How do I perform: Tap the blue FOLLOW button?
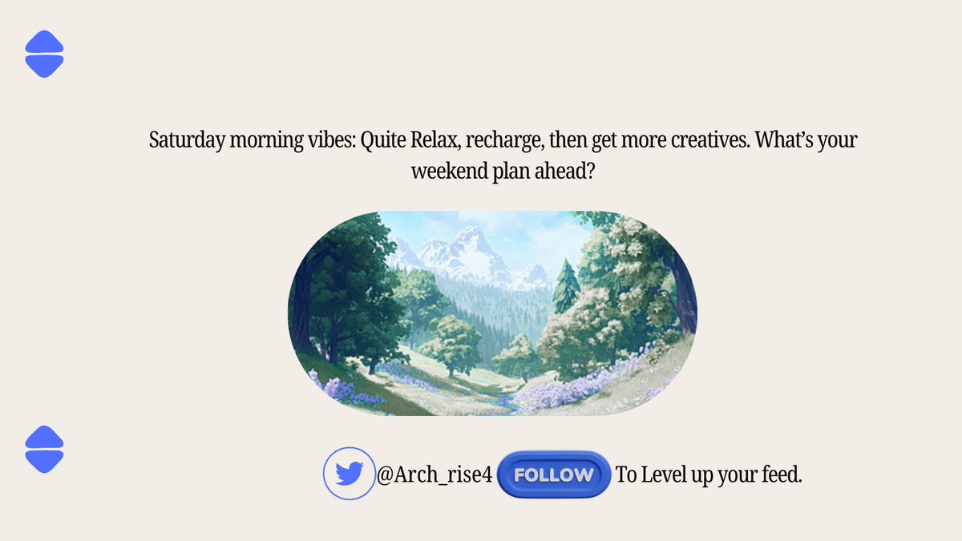(554, 474)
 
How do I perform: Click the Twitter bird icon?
(349, 474)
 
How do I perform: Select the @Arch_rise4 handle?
(434, 475)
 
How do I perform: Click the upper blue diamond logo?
(44, 55)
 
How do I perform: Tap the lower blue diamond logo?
(44, 449)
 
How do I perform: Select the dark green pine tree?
(566, 285)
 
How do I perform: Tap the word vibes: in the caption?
(329, 140)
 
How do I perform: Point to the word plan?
(507, 172)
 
